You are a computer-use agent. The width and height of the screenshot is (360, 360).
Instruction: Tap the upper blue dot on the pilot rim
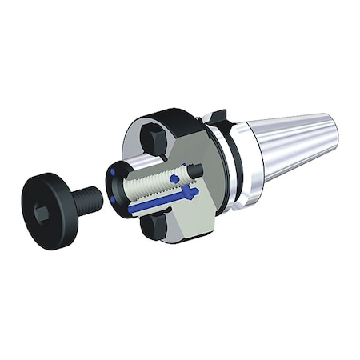[118, 169]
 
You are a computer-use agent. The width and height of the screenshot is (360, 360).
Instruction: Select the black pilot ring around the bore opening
[113, 192]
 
